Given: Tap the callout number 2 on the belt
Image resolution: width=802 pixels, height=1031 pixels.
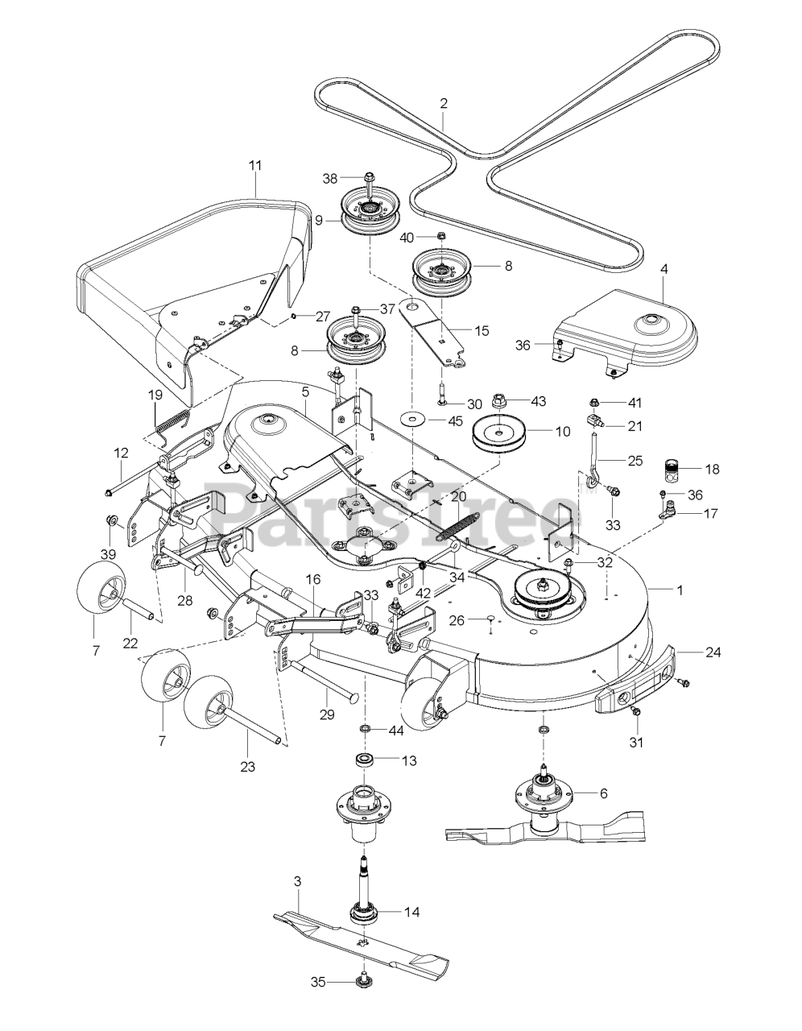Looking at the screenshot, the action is tap(444, 103).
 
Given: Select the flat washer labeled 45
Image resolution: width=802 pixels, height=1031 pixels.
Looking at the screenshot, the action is tap(411, 420).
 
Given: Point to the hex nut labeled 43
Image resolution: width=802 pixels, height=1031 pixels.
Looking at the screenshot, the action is tap(501, 400).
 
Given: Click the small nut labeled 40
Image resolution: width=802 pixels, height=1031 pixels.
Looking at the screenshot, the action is tap(441, 235).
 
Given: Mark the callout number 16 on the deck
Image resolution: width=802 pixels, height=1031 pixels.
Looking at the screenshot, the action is tap(313, 579).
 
